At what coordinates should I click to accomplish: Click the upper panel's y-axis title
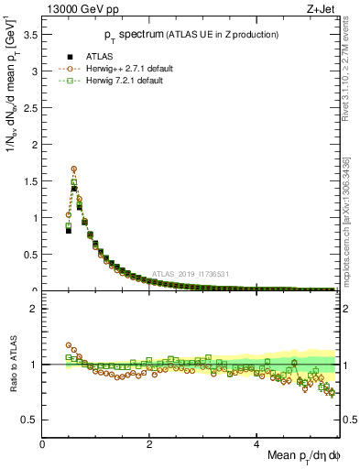click(x=11, y=87)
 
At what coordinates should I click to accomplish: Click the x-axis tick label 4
click(x=257, y=443)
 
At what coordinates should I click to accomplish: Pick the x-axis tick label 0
click(x=43, y=443)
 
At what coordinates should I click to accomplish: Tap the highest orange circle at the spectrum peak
click(x=73, y=169)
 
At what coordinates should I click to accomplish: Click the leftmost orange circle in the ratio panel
click(x=69, y=345)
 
